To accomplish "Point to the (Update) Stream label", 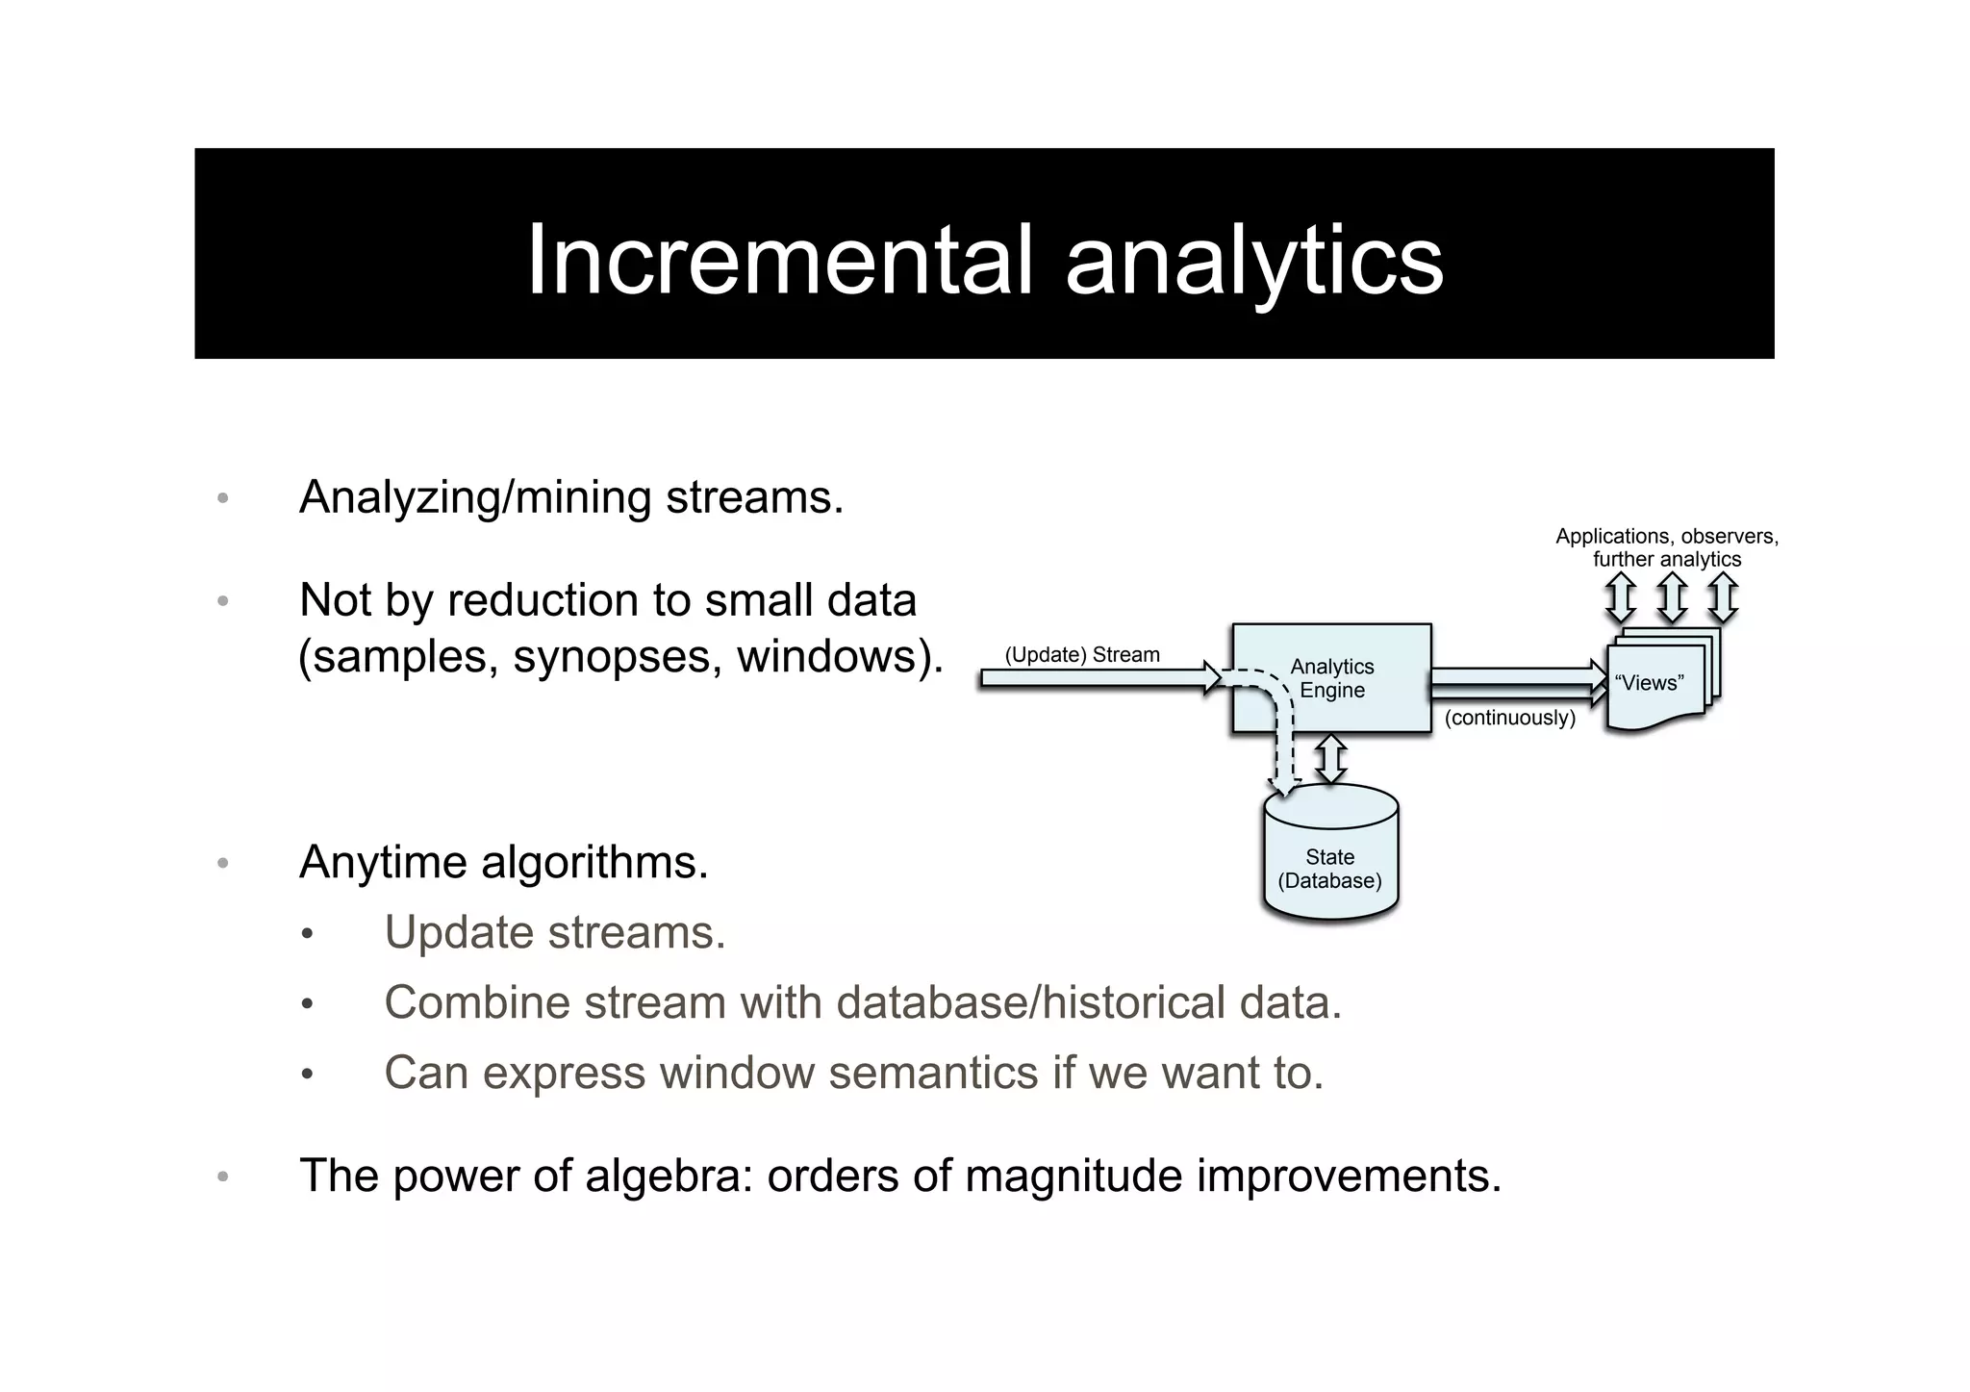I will pyautogui.click(x=1082, y=655).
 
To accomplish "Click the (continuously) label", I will pyautogui.click(x=1509, y=718).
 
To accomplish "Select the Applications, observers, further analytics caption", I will pyautogui.click(x=1666, y=547).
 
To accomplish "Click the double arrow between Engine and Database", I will pyautogui.click(x=1331, y=759).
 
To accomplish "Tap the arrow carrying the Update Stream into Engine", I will pyautogui.click(x=1097, y=678).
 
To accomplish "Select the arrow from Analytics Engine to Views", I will pyautogui.click(x=1515, y=681).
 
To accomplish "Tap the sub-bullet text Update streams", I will pyautogui.click(x=554, y=932).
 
